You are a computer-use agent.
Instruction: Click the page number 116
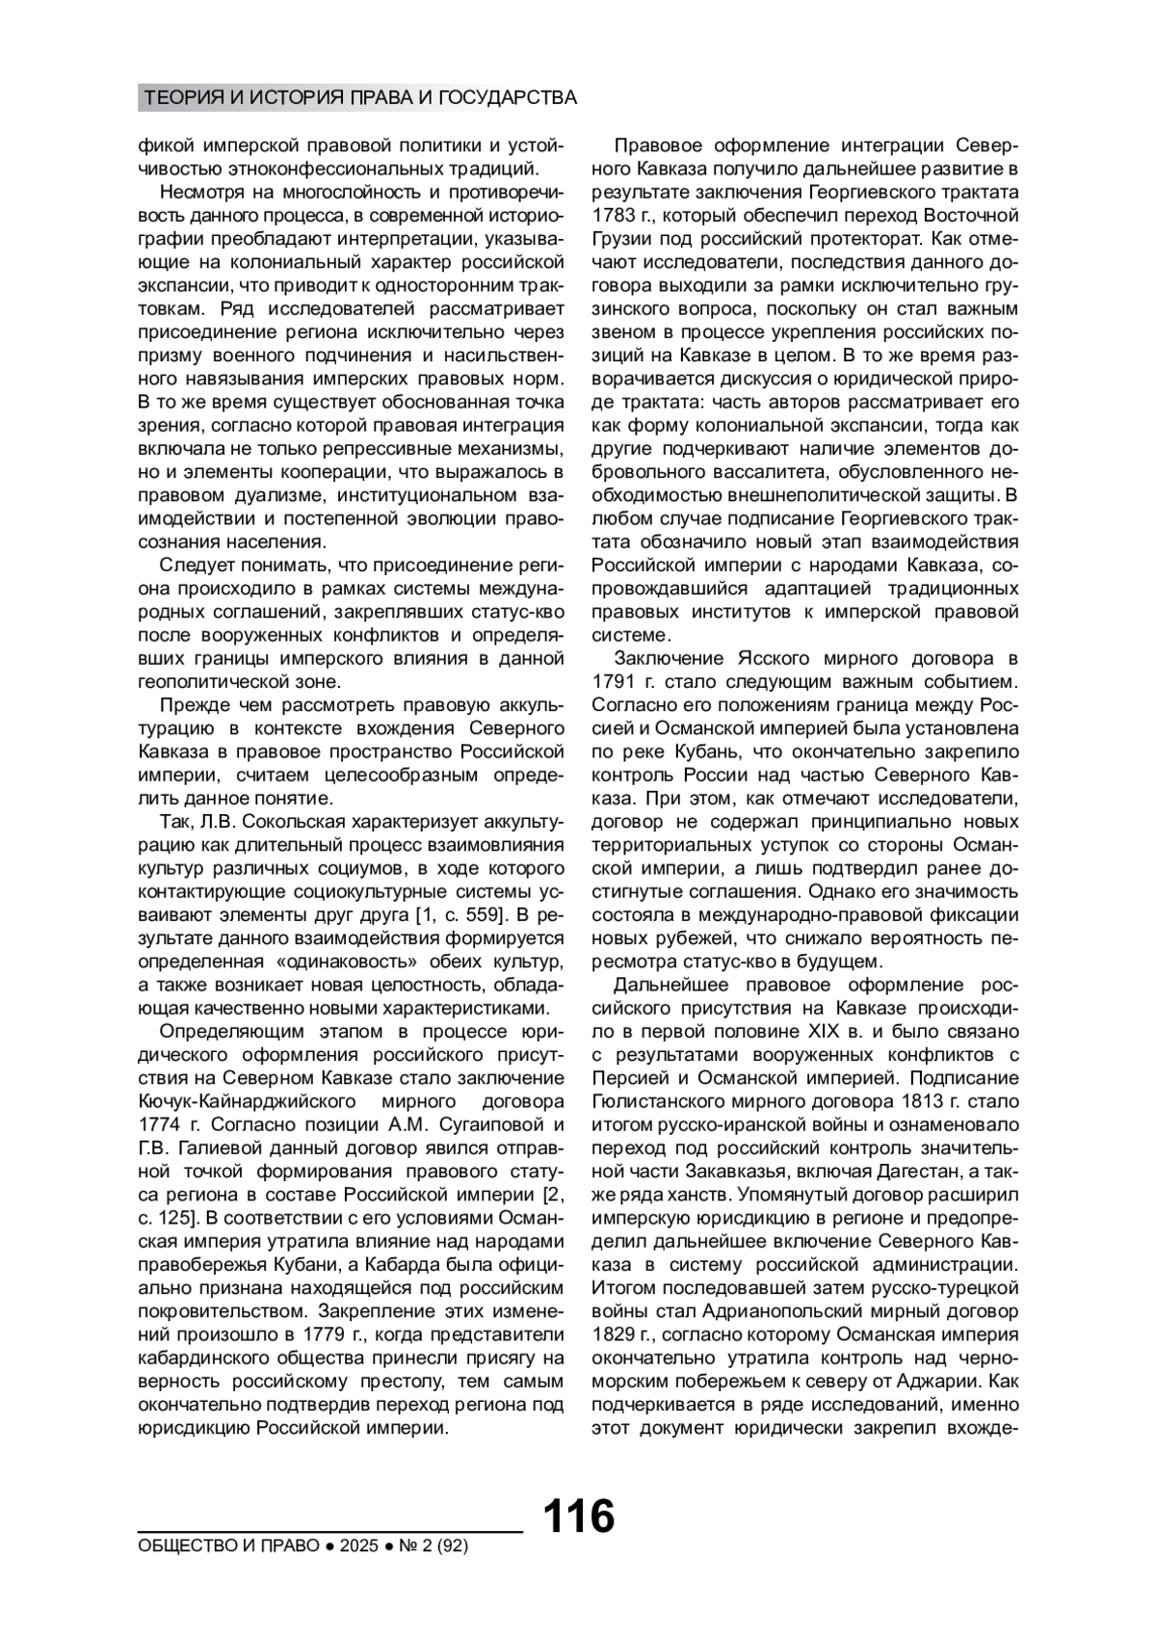pyautogui.click(x=578, y=1517)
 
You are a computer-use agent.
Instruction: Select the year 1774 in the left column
pyautogui.click(x=160, y=1124)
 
